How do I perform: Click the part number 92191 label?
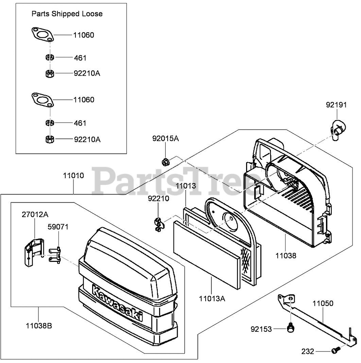(x=336, y=105)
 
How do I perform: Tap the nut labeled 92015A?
(x=167, y=161)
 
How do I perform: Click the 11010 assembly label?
(x=73, y=176)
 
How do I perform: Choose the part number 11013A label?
(x=212, y=299)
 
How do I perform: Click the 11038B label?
(x=39, y=326)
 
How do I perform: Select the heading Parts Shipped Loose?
(x=67, y=14)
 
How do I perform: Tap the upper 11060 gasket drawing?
(x=41, y=35)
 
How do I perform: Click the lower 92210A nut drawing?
(x=50, y=139)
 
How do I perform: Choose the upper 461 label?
(x=80, y=58)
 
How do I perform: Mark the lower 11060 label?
(x=84, y=100)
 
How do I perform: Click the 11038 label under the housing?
(x=286, y=256)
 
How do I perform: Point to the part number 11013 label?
(x=186, y=186)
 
